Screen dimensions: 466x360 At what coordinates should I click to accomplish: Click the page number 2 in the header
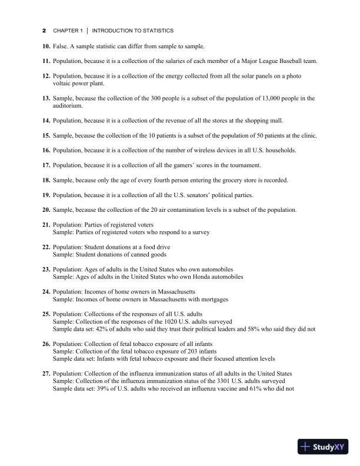point(44,30)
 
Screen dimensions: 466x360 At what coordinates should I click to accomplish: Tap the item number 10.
point(46,46)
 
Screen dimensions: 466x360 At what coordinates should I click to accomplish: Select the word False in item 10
point(61,46)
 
